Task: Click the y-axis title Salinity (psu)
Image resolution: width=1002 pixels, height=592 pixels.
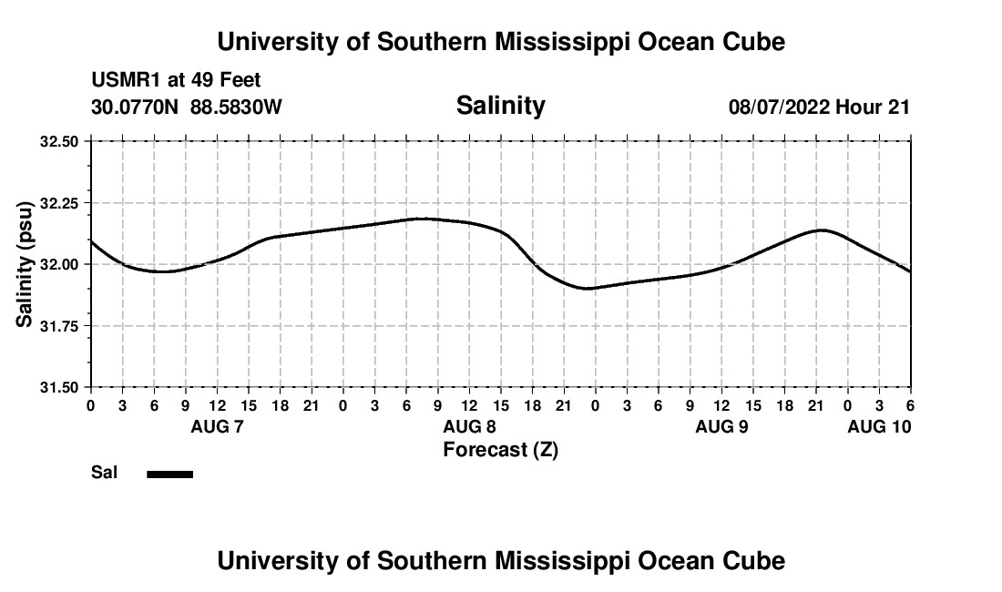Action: [x=26, y=264]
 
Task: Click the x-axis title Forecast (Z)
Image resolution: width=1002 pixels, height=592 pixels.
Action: [x=500, y=450]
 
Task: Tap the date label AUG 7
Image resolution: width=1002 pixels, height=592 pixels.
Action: [x=217, y=426]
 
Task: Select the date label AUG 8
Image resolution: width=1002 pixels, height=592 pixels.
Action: [x=469, y=426]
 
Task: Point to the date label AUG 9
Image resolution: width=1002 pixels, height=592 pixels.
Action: [x=721, y=426]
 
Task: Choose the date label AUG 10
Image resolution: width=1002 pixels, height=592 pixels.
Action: [x=879, y=426]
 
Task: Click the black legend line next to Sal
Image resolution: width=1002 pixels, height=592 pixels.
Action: [x=170, y=474]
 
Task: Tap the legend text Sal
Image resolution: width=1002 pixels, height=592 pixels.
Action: [x=103, y=473]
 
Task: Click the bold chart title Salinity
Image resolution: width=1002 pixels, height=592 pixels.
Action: [x=500, y=106]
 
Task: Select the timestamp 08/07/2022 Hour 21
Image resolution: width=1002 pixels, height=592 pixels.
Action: [x=819, y=107]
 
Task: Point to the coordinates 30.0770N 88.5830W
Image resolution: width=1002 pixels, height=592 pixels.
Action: [x=187, y=107]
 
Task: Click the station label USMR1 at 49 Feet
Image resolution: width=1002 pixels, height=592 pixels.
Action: [x=176, y=81]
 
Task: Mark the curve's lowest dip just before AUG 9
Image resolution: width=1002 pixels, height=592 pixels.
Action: [x=588, y=288]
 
